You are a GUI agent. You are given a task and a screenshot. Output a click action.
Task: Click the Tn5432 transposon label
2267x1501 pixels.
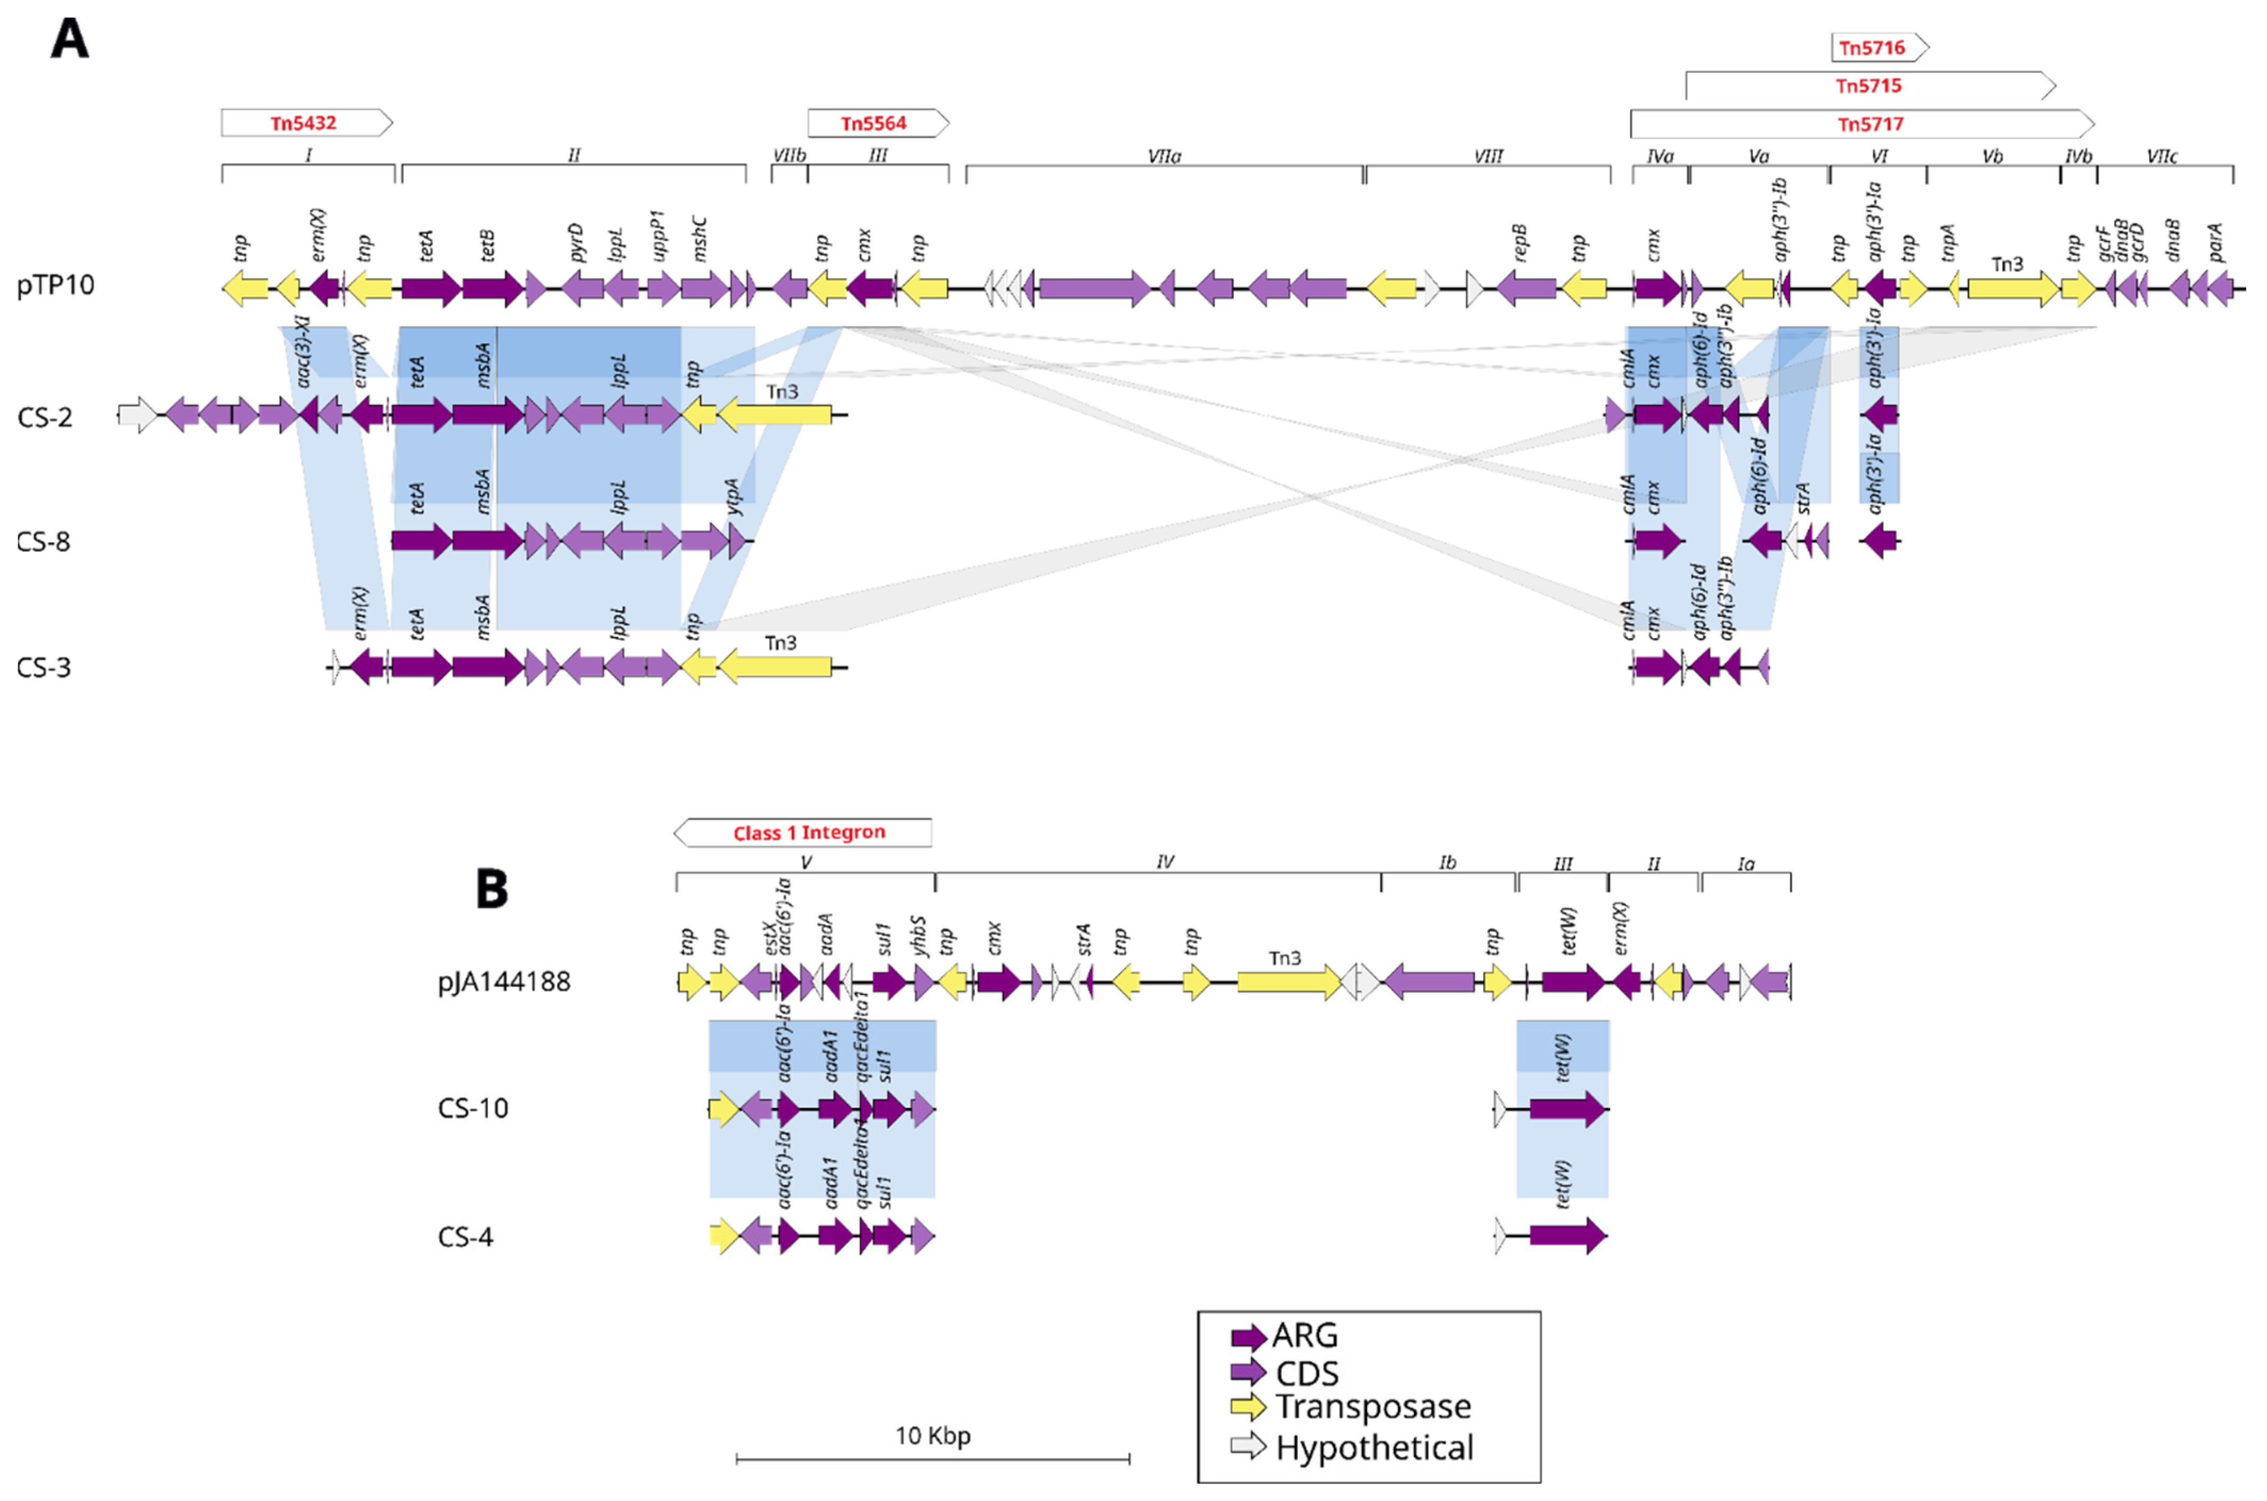tap(303, 124)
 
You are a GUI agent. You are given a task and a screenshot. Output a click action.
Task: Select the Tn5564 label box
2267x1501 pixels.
tap(873, 124)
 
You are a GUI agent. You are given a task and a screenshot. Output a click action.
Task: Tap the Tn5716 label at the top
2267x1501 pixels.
tap(1872, 48)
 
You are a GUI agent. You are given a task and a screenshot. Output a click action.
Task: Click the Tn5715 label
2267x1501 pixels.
tap(1867, 86)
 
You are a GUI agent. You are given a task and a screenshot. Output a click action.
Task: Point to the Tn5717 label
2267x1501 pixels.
tap(1870, 125)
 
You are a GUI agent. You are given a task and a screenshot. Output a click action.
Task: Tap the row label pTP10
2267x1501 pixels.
tap(55, 285)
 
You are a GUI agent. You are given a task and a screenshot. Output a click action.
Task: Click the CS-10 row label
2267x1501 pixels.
tap(473, 1109)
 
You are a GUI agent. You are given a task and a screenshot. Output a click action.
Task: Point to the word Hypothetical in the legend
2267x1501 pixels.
tap(1375, 1447)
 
